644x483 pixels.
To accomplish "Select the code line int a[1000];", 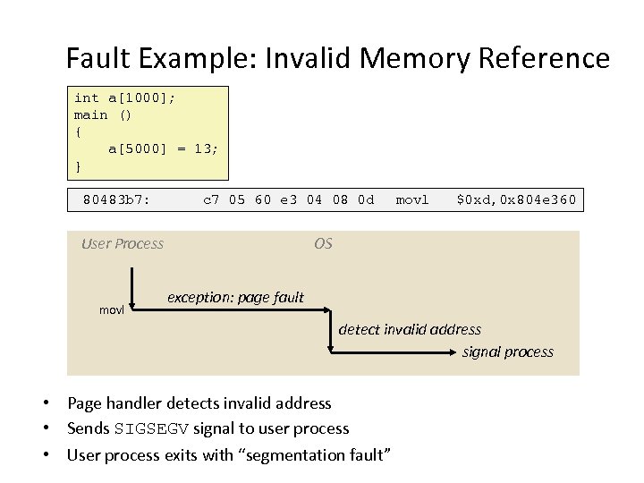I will (124, 97).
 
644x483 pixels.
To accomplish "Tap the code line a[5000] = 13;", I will (162, 148).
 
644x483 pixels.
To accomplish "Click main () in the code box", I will (103, 114).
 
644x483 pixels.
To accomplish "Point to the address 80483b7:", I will (116, 199).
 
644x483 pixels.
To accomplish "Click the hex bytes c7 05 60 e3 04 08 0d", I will (289, 199).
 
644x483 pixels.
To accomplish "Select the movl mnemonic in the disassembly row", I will (412, 199).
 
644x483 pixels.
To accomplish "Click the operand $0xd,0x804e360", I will (516, 199).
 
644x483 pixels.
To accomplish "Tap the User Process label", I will (123, 243).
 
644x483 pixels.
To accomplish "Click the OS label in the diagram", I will (323, 243).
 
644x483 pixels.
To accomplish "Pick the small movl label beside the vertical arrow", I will (111, 309).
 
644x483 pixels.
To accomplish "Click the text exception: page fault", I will (236, 297).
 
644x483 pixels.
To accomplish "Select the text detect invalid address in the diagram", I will (410, 329).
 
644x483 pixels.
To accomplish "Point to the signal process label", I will (507, 352).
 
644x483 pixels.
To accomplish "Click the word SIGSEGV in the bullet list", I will (151, 429).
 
